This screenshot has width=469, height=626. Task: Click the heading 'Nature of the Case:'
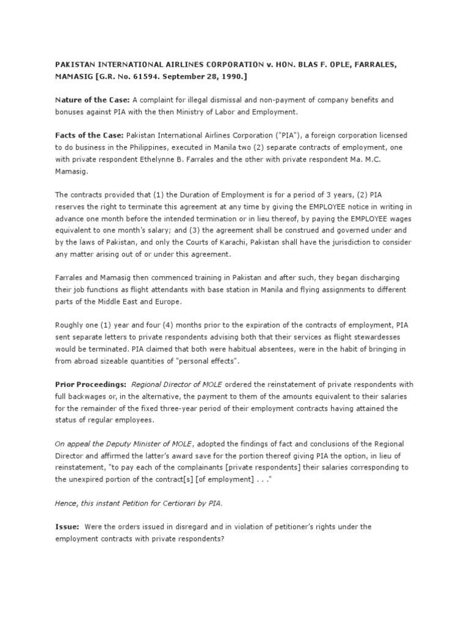92,99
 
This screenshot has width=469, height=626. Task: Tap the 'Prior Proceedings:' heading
90,384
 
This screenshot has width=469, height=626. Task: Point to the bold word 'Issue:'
67,526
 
